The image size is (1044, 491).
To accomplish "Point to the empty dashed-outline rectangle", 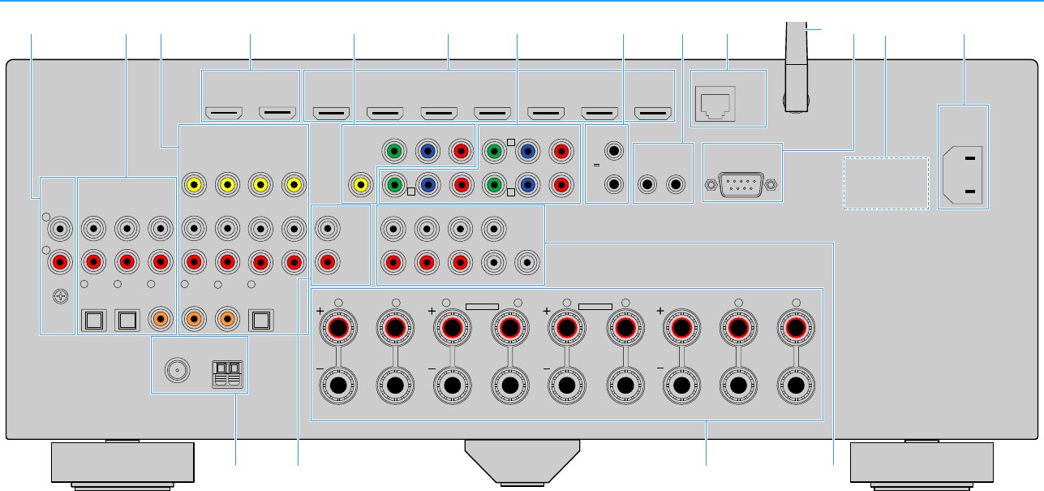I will (x=886, y=183).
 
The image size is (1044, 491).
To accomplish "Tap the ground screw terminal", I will (x=58, y=297).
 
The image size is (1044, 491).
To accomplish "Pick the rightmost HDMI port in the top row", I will (x=652, y=113).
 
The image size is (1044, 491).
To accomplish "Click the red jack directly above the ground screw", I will (x=58, y=262).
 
